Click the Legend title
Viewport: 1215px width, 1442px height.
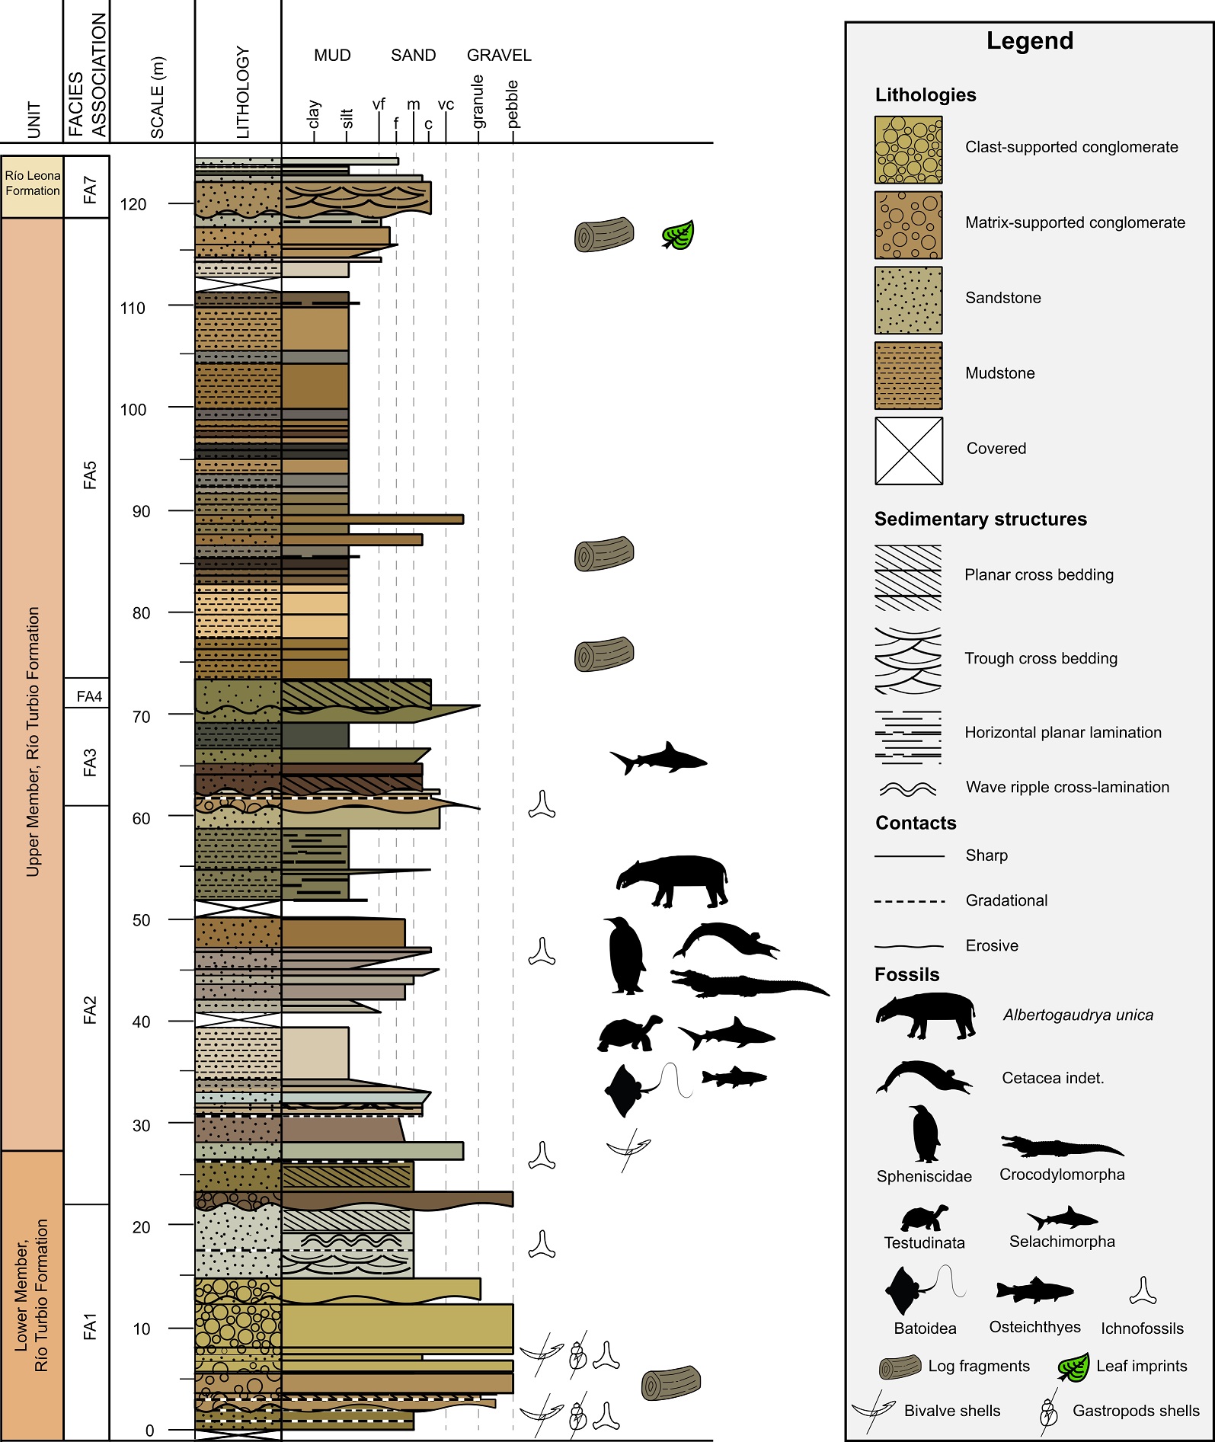1030,41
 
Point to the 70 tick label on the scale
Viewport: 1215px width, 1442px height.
141,716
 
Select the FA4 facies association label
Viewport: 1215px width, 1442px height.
89,695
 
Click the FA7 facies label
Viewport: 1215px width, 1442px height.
90,189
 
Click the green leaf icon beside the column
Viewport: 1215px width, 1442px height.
678,235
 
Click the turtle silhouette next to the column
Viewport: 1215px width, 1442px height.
629,1034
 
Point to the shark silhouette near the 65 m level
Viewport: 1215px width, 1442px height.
659,758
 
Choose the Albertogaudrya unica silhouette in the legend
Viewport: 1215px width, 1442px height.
925,1015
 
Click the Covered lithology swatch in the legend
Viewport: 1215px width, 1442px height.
909,450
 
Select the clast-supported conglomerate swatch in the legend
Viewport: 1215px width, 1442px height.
908,150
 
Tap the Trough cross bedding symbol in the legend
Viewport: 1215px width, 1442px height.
908,660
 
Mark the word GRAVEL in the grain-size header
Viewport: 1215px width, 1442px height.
499,56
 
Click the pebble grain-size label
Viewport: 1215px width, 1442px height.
513,104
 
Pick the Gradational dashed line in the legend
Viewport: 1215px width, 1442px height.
910,901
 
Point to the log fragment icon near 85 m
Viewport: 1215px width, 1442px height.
604,554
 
